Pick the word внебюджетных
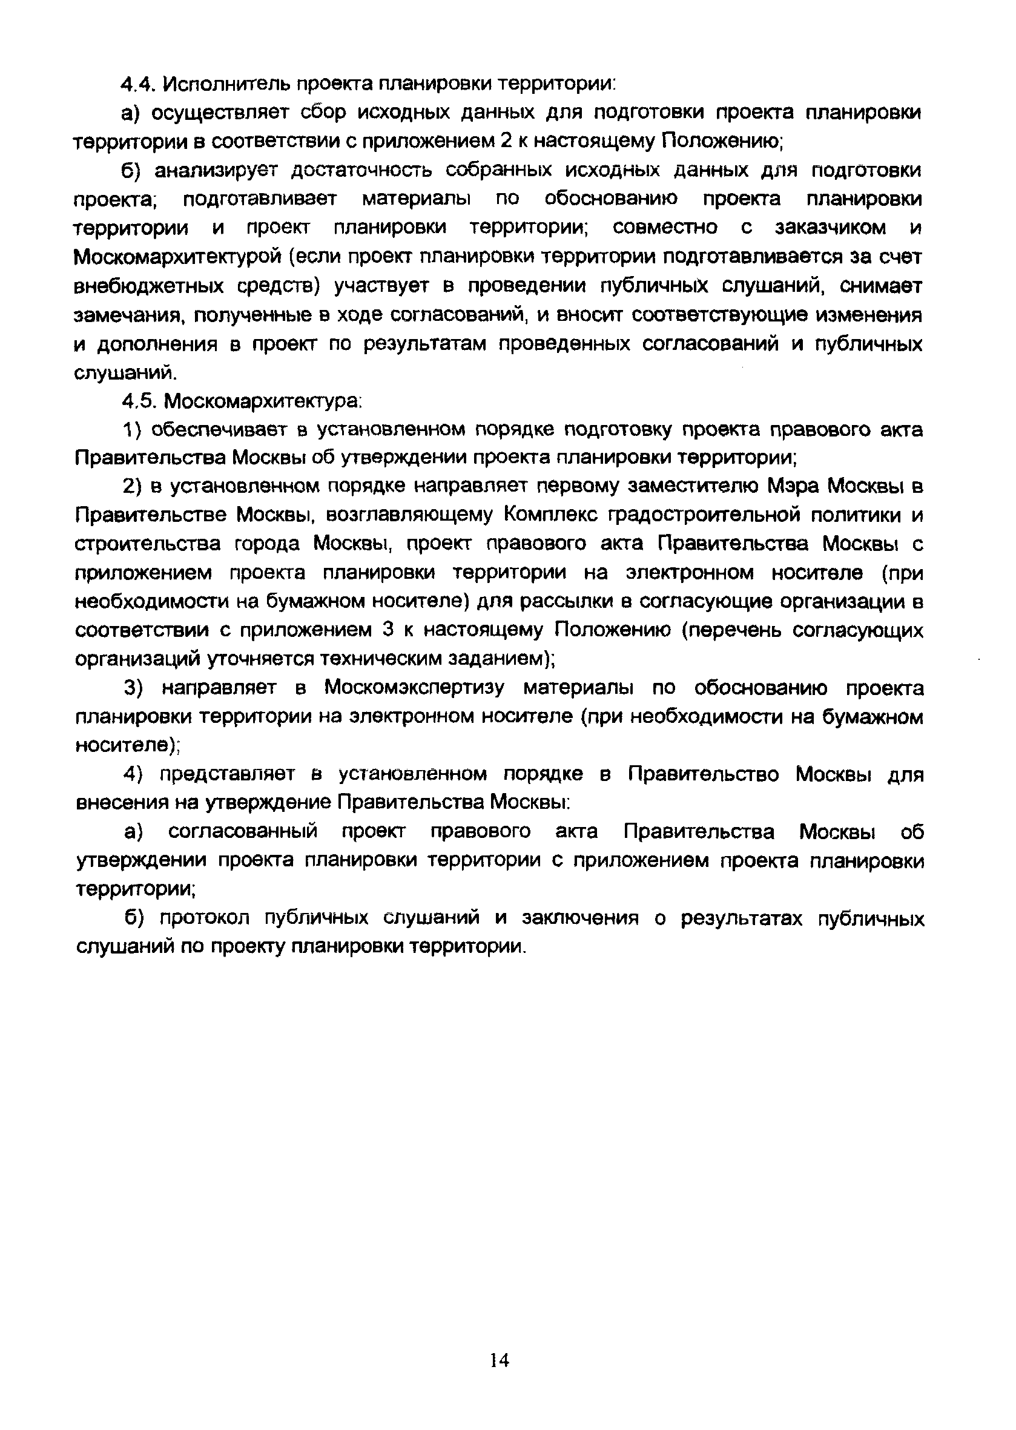tap(149, 286)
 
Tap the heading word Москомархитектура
tap(263, 400)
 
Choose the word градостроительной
tap(699, 516)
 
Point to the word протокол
tap(205, 918)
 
